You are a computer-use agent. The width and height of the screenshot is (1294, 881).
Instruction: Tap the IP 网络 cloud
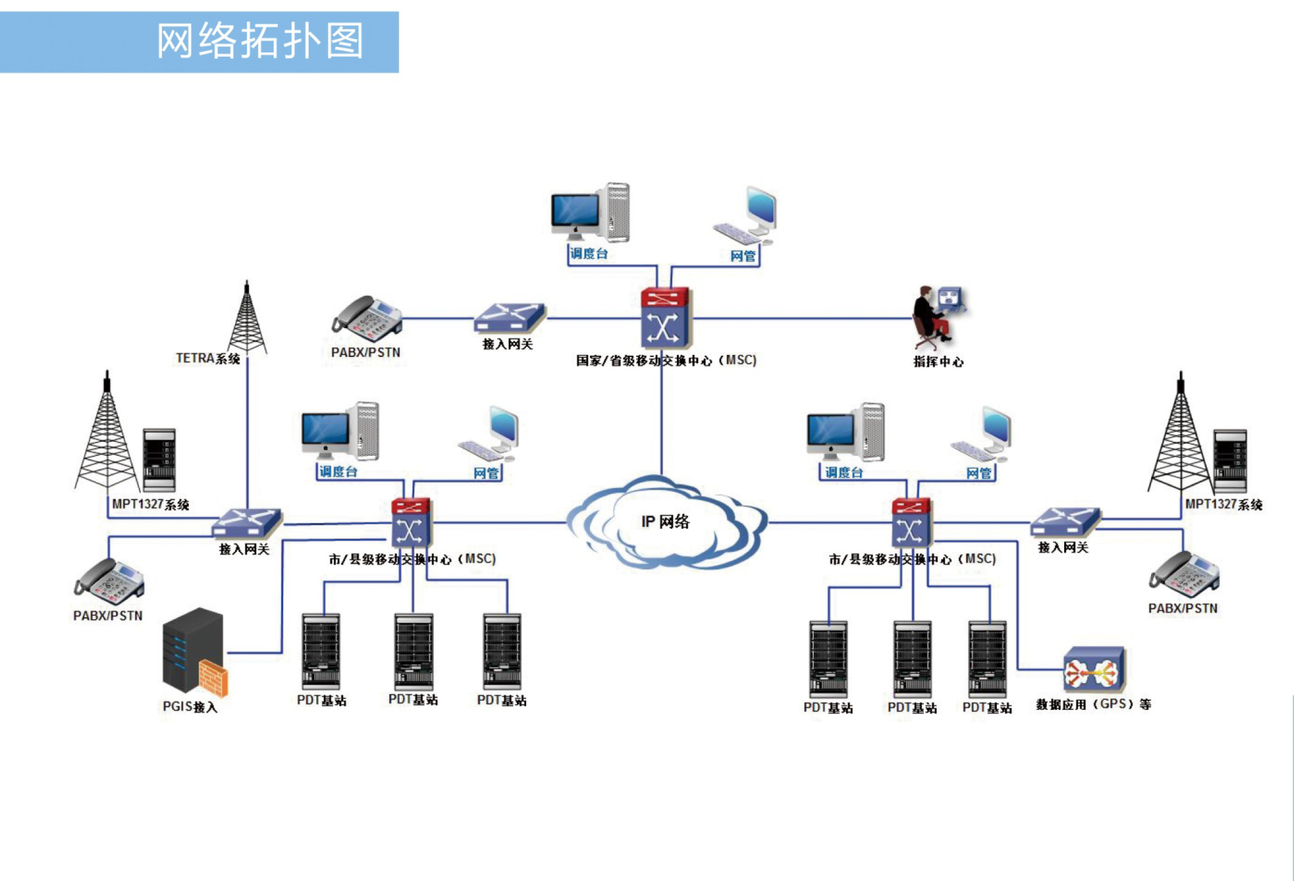pos(666,522)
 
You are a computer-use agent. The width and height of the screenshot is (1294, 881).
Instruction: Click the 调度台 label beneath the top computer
pos(588,254)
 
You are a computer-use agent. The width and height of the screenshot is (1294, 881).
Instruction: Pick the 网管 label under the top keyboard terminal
pos(743,256)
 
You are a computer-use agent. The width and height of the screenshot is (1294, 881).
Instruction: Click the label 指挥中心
pos(938,362)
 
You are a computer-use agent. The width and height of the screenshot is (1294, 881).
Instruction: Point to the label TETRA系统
pos(208,358)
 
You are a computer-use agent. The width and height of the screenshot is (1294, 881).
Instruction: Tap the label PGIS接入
pos(190,707)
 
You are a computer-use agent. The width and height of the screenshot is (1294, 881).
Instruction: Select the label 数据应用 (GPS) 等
pos(1093,705)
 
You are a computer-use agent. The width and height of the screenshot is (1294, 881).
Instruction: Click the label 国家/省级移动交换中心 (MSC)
pos(666,361)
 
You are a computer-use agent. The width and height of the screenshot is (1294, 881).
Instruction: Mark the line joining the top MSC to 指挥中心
pos(802,318)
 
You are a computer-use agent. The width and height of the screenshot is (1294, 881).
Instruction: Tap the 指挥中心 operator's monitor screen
pos(950,298)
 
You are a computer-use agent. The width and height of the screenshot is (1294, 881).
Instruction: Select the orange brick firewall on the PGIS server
pos(213,678)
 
